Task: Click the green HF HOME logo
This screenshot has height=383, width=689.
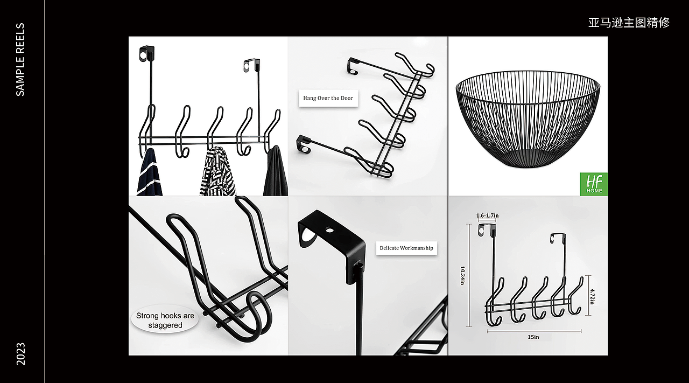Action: (594, 184)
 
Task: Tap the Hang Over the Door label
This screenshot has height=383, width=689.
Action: (328, 98)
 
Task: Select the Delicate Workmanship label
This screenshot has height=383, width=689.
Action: (406, 248)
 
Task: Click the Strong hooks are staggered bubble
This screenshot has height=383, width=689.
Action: (165, 320)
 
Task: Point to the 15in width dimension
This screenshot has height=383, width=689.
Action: (533, 337)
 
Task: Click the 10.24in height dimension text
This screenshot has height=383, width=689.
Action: (462, 276)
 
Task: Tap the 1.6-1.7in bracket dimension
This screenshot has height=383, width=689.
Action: (488, 215)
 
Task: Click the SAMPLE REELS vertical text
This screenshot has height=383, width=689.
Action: (20, 59)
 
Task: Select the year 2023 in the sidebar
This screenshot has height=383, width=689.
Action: (20, 354)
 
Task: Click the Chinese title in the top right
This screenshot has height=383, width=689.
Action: (629, 23)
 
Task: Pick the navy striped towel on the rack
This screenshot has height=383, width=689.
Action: (149, 172)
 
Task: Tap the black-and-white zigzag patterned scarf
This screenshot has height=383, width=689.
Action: (217, 172)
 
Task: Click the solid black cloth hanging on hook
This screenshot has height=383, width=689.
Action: (276, 172)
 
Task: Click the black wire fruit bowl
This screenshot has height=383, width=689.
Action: (528, 119)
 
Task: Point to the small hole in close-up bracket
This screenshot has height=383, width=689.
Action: (329, 230)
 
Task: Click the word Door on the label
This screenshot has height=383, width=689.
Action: (347, 98)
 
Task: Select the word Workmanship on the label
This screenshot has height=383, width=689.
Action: (418, 248)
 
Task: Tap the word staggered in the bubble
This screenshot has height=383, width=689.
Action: (165, 325)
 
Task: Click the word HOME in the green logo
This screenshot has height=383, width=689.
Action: (594, 191)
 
